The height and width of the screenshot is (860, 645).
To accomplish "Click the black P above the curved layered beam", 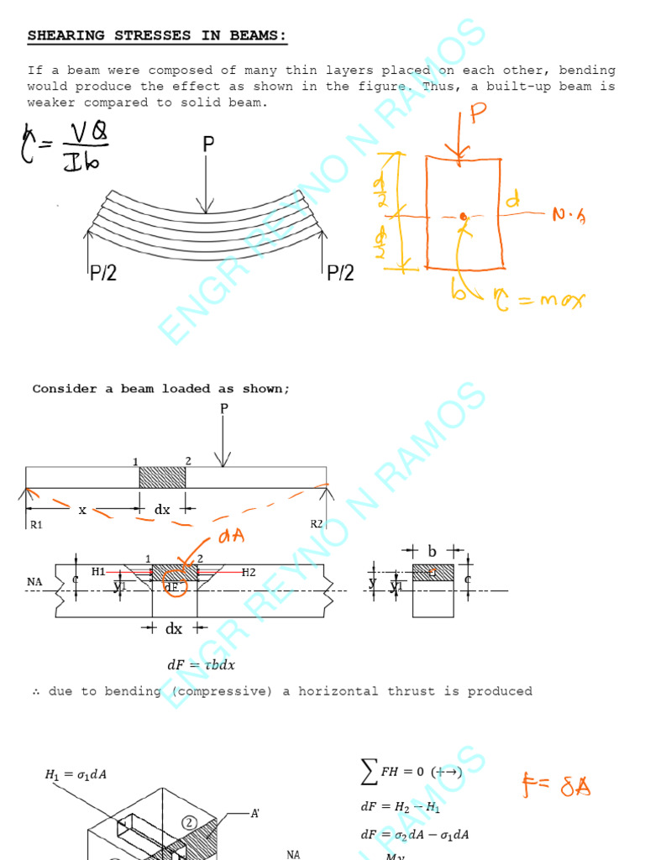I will click(208, 145).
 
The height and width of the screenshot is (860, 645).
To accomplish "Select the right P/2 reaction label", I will click(340, 272).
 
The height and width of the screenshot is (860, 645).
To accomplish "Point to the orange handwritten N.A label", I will click(569, 216).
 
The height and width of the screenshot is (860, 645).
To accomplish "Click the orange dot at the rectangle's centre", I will click(463, 217).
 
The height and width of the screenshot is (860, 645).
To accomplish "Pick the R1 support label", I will click(34, 524).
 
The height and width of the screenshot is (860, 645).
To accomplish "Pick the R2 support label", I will click(316, 524).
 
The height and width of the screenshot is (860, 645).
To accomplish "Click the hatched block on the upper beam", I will click(162, 477).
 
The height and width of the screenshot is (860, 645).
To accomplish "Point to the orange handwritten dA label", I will click(232, 537).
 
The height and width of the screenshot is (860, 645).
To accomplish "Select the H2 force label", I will click(249, 573).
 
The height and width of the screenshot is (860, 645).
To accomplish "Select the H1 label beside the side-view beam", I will click(98, 572).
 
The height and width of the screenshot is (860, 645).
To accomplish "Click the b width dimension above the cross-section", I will click(432, 552).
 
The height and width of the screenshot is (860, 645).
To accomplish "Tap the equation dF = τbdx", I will click(202, 665).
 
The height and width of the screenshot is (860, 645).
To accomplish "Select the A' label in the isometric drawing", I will click(254, 814).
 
